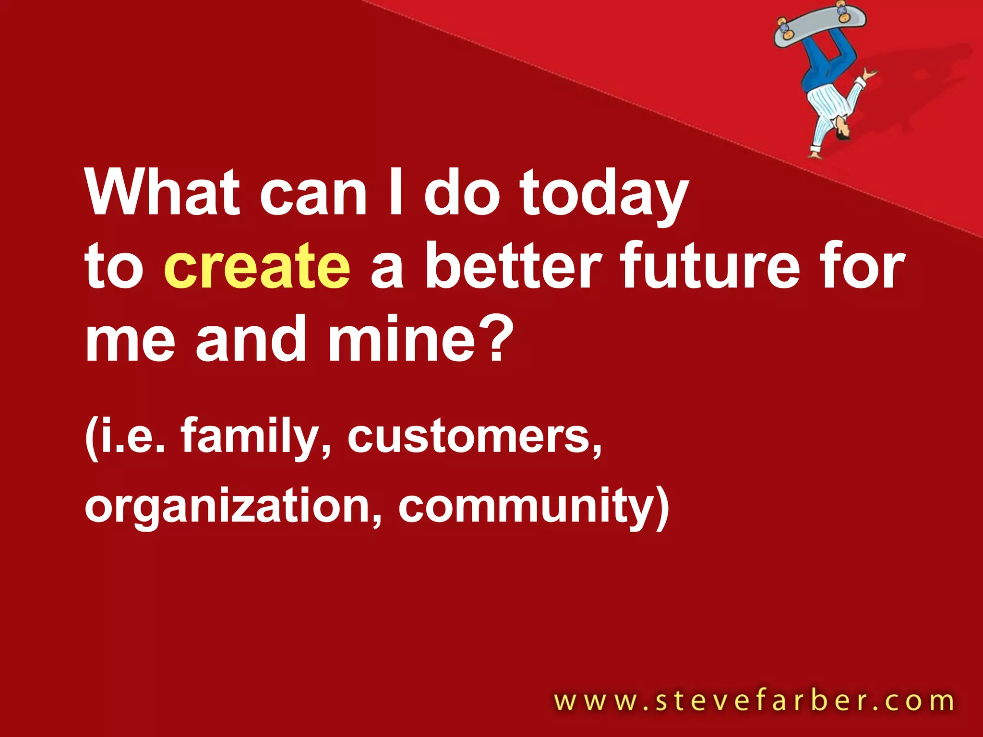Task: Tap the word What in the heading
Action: pos(162,192)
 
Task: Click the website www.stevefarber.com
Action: pos(754,701)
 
